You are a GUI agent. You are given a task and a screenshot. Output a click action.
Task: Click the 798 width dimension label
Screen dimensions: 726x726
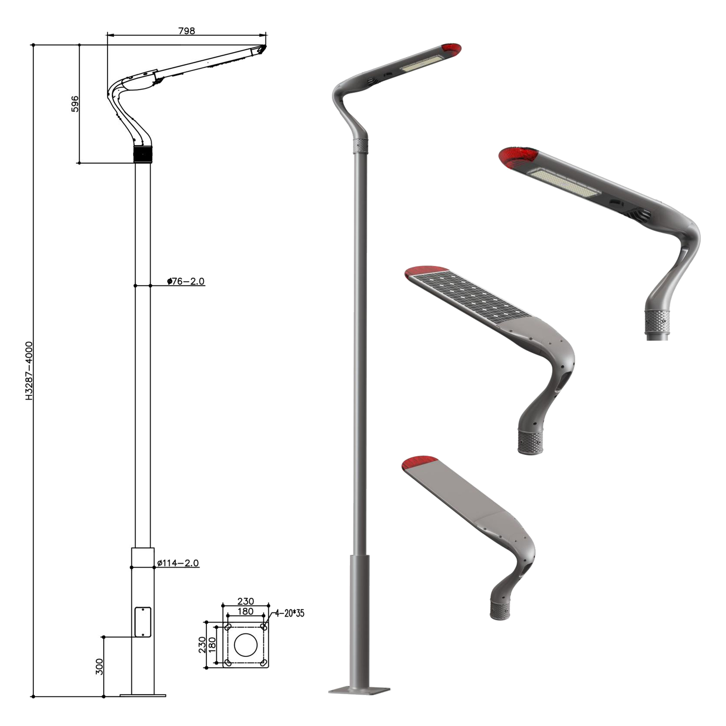[187, 31]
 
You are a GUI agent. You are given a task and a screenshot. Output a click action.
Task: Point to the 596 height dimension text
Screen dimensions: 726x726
[75, 104]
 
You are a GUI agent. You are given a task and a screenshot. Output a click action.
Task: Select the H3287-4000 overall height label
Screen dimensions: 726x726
[29, 371]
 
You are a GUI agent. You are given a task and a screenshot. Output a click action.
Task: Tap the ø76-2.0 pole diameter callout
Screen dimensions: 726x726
[186, 281]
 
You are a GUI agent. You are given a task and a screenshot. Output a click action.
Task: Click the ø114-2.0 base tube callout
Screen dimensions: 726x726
[178, 563]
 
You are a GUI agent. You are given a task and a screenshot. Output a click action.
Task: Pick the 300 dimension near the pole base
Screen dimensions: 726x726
[99, 666]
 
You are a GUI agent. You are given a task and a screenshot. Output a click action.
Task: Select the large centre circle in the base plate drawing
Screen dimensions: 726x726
[246, 644]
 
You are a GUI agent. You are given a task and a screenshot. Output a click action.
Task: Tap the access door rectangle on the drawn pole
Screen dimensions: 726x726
[143, 622]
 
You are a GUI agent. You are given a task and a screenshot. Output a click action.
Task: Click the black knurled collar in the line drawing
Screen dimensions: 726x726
[143, 154]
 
